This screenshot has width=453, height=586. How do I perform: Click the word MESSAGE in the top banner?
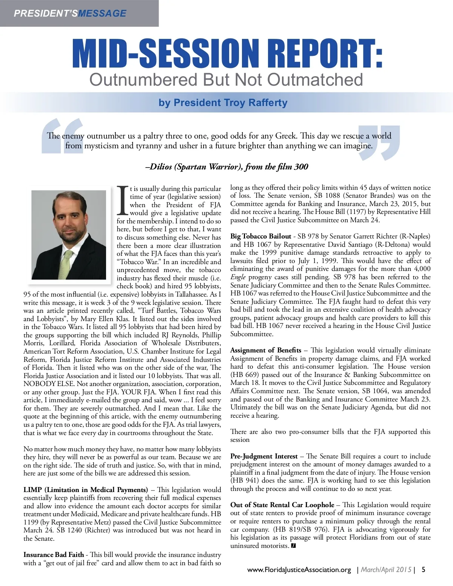(x=102, y=13)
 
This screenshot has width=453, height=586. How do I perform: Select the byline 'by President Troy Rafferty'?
(x=223, y=103)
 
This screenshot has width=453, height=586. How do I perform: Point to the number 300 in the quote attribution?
(x=301, y=167)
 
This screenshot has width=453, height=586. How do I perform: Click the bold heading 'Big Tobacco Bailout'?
(x=261, y=236)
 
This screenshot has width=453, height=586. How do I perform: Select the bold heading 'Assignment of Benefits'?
(x=266, y=350)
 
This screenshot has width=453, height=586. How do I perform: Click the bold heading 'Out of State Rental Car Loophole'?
(x=282, y=505)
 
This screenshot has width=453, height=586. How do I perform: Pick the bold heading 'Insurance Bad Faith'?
(x=54, y=555)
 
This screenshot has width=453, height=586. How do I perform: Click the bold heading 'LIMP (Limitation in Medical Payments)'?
(x=85, y=490)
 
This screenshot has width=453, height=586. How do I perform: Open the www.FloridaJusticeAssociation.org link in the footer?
(x=299, y=570)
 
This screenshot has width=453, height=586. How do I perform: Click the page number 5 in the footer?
(x=424, y=569)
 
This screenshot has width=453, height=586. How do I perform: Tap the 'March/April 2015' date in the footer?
(x=386, y=570)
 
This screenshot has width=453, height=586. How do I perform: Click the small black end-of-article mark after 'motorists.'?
(x=293, y=546)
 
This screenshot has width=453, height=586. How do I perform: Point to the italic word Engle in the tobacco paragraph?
(x=238, y=277)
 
